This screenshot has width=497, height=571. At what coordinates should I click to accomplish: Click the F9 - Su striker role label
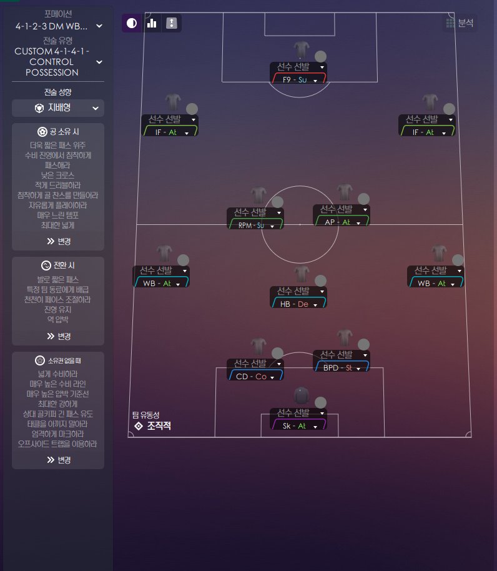pyautogui.click(x=295, y=79)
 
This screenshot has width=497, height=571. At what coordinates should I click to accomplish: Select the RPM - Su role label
pyautogui.click(x=252, y=225)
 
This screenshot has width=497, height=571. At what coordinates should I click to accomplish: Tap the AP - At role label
pyautogui.click(x=337, y=222)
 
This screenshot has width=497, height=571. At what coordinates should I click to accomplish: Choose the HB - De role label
pyautogui.click(x=295, y=304)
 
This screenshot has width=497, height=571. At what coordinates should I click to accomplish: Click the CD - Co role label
pyautogui.click(x=252, y=376)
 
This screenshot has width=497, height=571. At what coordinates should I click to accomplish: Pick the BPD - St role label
pyautogui.click(x=338, y=368)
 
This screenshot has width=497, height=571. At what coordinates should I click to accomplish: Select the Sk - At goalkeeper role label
pyautogui.click(x=294, y=425)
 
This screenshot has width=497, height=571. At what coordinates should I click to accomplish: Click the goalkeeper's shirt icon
pyautogui.click(x=301, y=394)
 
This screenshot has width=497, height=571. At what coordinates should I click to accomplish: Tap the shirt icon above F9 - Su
pyautogui.click(x=301, y=49)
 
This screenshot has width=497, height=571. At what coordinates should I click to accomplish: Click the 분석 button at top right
pyautogui.click(x=460, y=24)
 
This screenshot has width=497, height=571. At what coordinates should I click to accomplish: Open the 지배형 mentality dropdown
pyautogui.click(x=58, y=108)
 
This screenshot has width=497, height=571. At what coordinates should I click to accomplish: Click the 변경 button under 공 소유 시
pyautogui.click(x=58, y=241)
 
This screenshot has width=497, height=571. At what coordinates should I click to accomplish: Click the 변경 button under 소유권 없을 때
pyautogui.click(x=58, y=460)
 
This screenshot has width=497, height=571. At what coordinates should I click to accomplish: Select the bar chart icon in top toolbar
pyautogui.click(x=152, y=24)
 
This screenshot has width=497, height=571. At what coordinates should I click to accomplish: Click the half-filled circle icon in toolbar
pyautogui.click(x=132, y=24)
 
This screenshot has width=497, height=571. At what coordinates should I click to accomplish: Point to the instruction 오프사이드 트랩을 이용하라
pyautogui.click(x=58, y=444)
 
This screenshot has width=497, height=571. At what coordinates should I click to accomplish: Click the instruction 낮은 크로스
pyautogui.click(x=58, y=175)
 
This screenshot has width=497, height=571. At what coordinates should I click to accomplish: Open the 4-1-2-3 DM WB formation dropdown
pyautogui.click(x=58, y=26)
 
